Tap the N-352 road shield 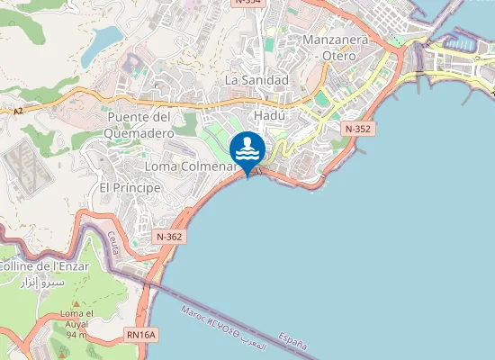357,130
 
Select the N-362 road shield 168,237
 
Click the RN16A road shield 141,335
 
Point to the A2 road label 18,112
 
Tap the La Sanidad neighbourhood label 256,80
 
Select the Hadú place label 269,116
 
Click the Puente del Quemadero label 139,125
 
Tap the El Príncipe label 130,187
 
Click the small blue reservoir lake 105,37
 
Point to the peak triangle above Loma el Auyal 76,303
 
